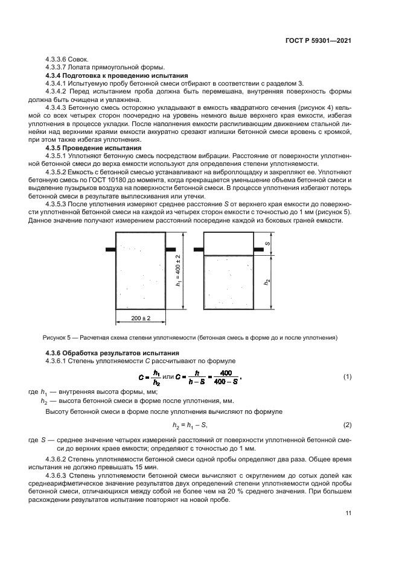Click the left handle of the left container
tap(110, 249)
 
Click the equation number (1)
tap(347, 377)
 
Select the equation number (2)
tap(347, 425)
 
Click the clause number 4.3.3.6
tap(57, 59)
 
